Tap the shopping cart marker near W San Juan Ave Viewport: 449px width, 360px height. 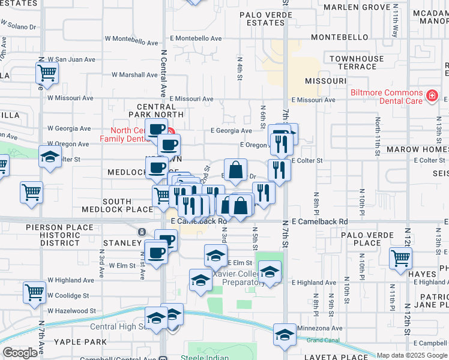(47, 73)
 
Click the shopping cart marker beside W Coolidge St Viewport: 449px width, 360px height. (35, 292)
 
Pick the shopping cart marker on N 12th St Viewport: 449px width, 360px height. (400, 258)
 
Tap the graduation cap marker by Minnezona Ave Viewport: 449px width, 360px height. (284, 334)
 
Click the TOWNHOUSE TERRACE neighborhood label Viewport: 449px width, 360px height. (356, 62)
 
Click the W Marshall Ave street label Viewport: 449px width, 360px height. (134, 75)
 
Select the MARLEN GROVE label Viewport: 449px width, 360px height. (357, 7)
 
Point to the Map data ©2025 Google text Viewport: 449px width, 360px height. (412, 355)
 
